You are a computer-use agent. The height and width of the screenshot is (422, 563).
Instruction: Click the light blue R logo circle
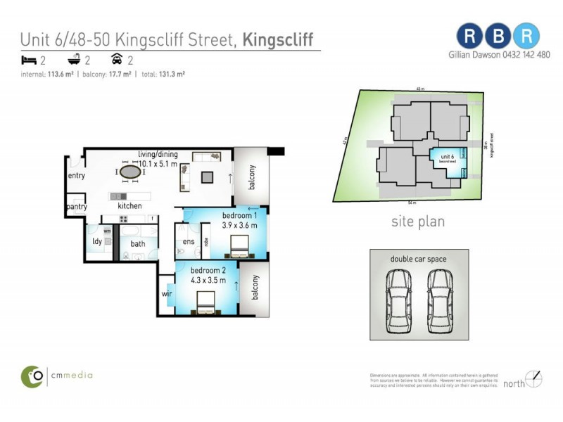pyautogui.click(x=526, y=34)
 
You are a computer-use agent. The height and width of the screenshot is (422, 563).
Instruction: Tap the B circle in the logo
pyautogui.click(x=498, y=34)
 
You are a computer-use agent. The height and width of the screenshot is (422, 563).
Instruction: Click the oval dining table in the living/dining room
pyautogui.click(x=129, y=171)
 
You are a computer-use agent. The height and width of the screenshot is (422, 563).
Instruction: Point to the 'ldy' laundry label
pyautogui.click(x=97, y=242)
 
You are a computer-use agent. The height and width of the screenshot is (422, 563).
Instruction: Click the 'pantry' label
pyautogui.click(x=76, y=207)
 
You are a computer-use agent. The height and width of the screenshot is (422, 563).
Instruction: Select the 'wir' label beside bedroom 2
pyautogui.click(x=167, y=293)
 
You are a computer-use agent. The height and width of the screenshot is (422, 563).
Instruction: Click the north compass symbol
pyautogui.click(x=536, y=378)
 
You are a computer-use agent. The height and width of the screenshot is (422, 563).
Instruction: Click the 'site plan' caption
pyautogui.click(x=418, y=222)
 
